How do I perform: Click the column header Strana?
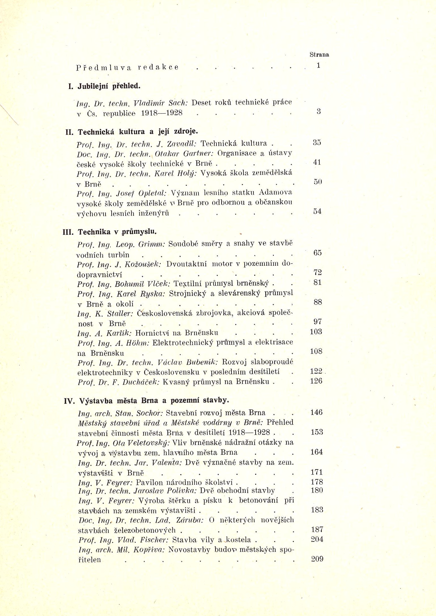click(319, 55)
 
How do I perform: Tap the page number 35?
click(317, 142)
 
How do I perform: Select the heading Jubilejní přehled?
click(109, 86)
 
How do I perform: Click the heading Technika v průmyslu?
click(117, 232)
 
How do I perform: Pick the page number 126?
click(316, 381)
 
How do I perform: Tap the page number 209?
click(317, 559)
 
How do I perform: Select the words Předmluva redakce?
click(127, 67)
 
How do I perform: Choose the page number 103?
click(316, 332)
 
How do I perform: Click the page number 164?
click(316, 452)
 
